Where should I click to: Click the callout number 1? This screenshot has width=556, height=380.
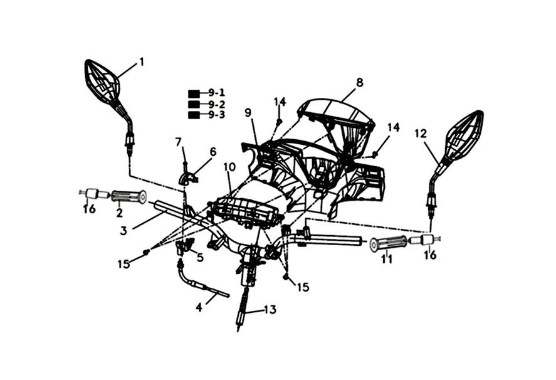coord(142,61)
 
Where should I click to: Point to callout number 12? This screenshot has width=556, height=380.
coord(420,133)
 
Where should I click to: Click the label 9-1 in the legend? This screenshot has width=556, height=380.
coord(217,93)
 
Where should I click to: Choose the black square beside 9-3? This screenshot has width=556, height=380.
coord(194,115)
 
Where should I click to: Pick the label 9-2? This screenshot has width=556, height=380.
coord(217,104)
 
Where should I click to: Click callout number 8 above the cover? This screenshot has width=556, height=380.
coord(359,82)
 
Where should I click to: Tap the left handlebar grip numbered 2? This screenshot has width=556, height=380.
coord(129,197)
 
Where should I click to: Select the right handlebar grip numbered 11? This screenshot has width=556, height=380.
coord(389,243)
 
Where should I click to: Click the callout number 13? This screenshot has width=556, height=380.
coord(270,309)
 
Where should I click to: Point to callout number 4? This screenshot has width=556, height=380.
coord(199,307)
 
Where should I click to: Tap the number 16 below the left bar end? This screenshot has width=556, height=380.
coord(90,209)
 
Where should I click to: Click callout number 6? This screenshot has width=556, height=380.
coord(212,152)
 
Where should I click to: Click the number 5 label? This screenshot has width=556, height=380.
coord(200,257)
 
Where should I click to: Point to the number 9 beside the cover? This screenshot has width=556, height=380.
coord(248,113)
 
